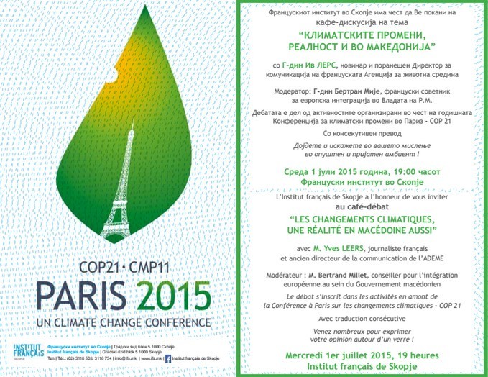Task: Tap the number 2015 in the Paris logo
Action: tap(177, 295)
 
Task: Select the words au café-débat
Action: tap(363, 206)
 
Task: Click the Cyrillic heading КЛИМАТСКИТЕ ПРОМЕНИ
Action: tap(362, 34)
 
